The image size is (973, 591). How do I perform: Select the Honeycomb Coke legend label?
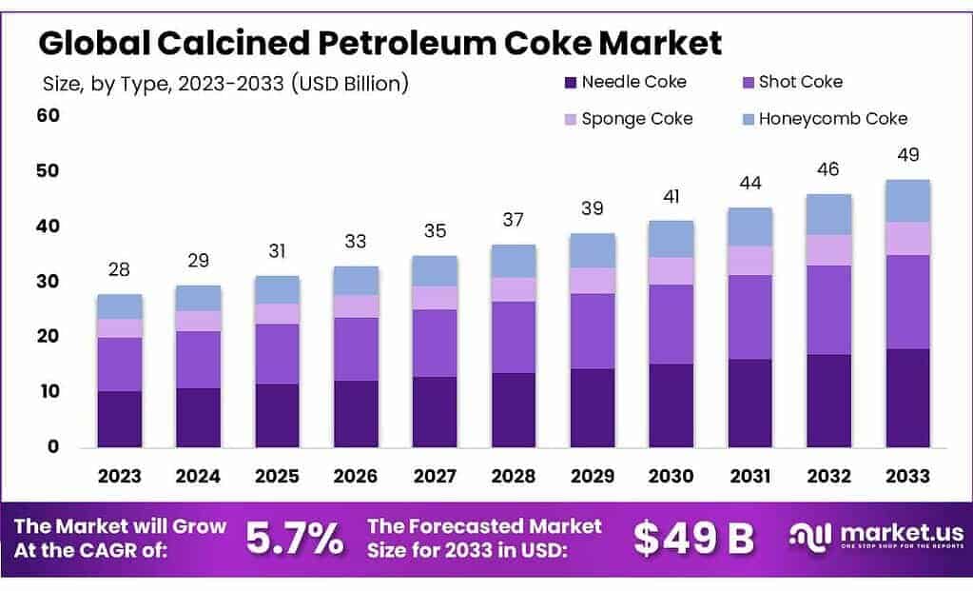click(832, 119)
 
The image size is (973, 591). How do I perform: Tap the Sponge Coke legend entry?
click(637, 119)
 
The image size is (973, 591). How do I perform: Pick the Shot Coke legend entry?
click(800, 83)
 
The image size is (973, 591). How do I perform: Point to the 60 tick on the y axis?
click(49, 116)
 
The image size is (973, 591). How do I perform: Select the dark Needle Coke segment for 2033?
click(907, 398)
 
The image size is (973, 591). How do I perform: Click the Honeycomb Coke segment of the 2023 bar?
click(120, 306)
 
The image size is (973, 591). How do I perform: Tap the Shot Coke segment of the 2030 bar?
click(671, 325)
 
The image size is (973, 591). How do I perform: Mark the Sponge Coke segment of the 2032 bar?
click(829, 249)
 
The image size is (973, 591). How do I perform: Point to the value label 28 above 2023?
click(120, 270)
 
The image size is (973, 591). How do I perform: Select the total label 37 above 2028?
click(514, 220)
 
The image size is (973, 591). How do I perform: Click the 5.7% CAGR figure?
click(295, 539)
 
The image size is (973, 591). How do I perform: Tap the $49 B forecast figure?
click(693, 539)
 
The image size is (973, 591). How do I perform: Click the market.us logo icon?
click(810, 537)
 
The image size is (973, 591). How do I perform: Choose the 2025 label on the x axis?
click(278, 476)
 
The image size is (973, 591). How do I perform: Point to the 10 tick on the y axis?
click(49, 392)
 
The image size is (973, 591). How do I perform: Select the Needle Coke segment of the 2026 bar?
click(357, 413)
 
